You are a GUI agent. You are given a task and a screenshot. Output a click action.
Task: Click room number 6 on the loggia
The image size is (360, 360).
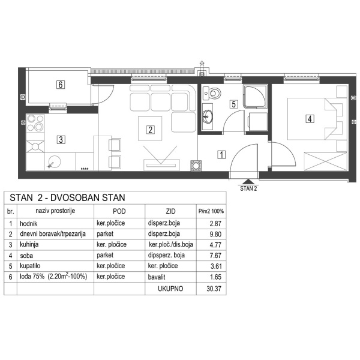[x=61, y=85]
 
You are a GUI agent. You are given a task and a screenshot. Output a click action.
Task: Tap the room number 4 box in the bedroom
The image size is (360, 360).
[x=310, y=118]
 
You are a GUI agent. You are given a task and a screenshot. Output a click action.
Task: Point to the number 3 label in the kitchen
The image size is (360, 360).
[x=61, y=140]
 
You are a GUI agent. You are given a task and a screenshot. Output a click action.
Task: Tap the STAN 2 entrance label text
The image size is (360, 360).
[x=248, y=188]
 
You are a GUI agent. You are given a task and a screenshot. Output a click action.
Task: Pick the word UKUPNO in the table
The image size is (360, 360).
[x=169, y=288]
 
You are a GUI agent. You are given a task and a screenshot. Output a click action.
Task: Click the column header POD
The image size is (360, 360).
[x=119, y=211]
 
